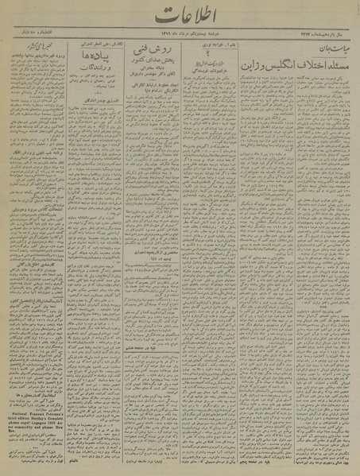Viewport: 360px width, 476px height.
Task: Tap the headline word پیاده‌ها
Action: [x=89, y=57]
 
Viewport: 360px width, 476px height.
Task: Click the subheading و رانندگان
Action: [x=89, y=71]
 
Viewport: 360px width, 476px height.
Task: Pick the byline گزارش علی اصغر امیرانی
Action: [x=89, y=45]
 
